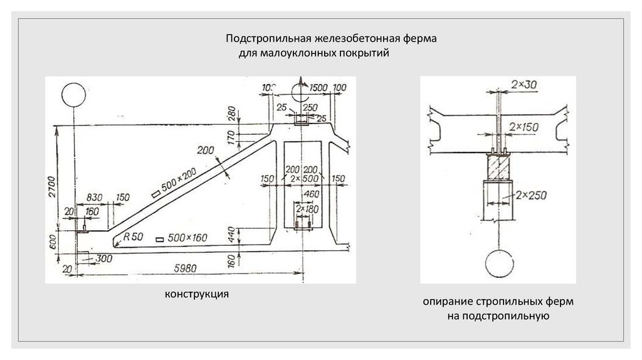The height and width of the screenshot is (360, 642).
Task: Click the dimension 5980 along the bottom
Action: click(186, 268)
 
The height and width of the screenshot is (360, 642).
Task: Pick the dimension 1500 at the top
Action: click(320, 86)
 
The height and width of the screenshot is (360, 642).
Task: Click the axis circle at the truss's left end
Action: click(73, 95)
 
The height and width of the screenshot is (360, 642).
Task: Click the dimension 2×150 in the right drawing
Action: click(523, 127)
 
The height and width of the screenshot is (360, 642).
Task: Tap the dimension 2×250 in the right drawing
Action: click(529, 196)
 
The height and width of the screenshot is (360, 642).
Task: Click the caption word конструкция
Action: click(196, 294)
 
